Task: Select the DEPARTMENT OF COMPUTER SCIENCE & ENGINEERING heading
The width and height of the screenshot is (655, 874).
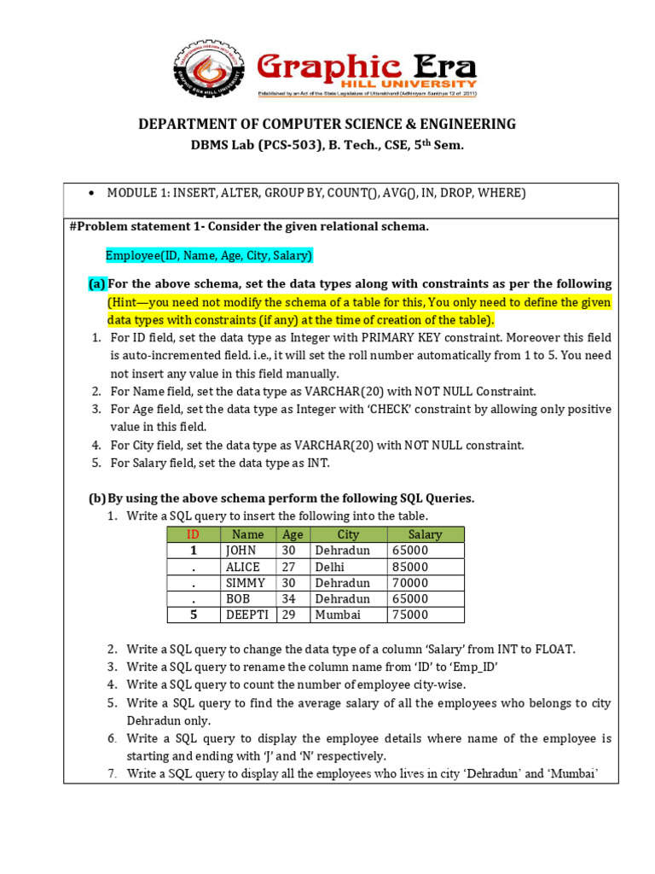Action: pyautogui.click(x=327, y=125)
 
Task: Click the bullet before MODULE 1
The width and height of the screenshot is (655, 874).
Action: pyautogui.click(x=90, y=194)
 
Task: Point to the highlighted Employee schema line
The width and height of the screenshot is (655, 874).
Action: pyautogui.click(x=209, y=255)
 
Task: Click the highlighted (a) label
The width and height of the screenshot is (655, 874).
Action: pyautogui.click(x=97, y=283)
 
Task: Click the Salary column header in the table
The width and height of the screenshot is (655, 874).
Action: pyautogui.click(x=425, y=534)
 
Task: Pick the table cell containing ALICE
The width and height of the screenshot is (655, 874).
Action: pyautogui.click(x=243, y=567)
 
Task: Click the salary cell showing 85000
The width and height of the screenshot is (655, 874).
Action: pyautogui.click(x=410, y=567)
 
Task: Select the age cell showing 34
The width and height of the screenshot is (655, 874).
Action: pyautogui.click(x=291, y=599)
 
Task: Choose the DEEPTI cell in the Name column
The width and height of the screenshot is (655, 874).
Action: pyautogui.click(x=246, y=615)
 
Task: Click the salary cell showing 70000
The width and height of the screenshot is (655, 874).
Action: pyautogui.click(x=410, y=583)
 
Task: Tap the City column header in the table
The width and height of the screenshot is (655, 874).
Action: pyautogui.click(x=348, y=534)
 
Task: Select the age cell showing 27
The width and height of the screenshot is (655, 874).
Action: pyautogui.click(x=291, y=567)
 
